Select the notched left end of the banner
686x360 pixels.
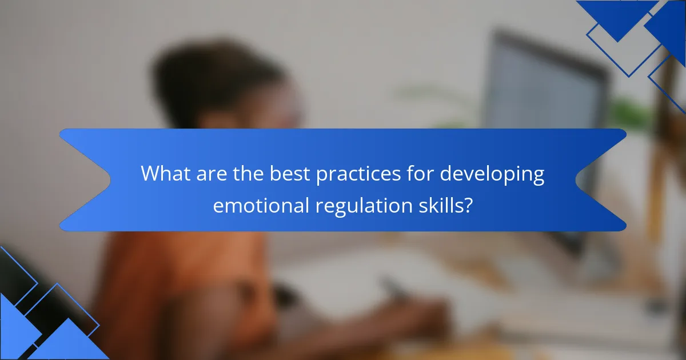[86, 180]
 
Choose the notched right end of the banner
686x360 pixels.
[600, 180]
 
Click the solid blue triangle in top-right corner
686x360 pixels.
[617, 17]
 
